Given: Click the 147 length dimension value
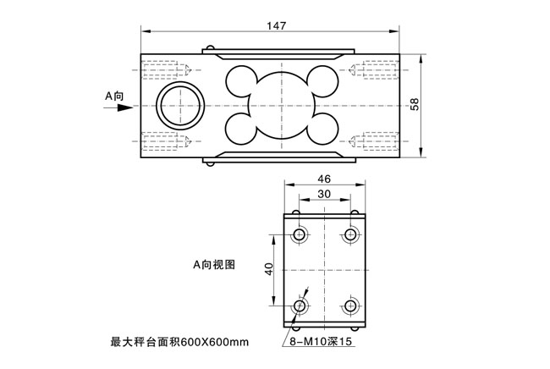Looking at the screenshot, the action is click(x=277, y=25).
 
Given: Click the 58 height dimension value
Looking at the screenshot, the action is click(x=415, y=104).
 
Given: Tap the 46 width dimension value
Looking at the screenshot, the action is click(x=324, y=179).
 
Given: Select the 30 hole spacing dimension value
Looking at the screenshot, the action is click(x=324, y=194).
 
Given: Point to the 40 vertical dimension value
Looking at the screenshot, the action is click(x=269, y=269).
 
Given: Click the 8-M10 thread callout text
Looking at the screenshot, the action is click(x=321, y=341).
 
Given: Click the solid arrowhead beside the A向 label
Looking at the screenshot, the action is click(x=125, y=107).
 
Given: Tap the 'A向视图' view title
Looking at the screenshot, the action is click(x=214, y=264).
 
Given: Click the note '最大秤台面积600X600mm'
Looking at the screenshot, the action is click(x=179, y=342).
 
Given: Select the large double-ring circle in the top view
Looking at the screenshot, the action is click(x=180, y=83).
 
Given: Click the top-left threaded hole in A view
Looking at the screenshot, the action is click(x=300, y=234).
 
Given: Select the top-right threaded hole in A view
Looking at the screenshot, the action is click(x=350, y=234).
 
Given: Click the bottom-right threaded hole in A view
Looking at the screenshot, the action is click(x=350, y=306).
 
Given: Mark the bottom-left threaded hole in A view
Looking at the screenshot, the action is click(x=300, y=306).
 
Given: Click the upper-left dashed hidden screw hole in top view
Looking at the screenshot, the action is click(x=166, y=69).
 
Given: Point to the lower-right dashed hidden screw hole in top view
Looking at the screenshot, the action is click(x=374, y=141).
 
